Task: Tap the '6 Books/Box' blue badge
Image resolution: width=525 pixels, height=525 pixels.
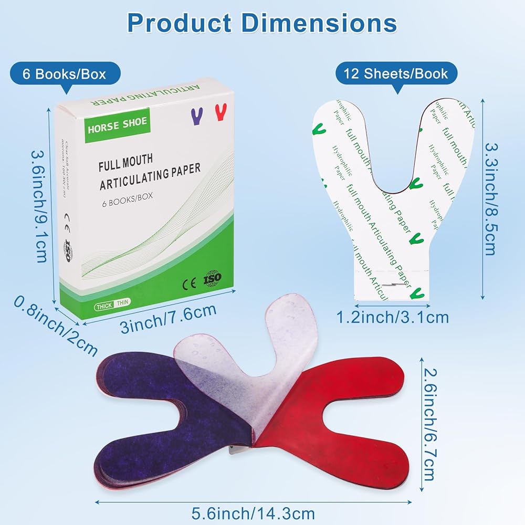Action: click(64, 73)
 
